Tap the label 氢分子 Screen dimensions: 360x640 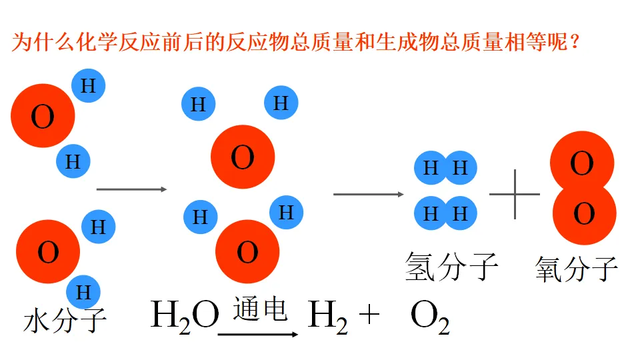(x=451, y=267)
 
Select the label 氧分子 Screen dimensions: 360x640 (x=576, y=269)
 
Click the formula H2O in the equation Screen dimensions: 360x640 (x=185, y=315)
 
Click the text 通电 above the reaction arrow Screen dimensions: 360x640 (x=260, y=309)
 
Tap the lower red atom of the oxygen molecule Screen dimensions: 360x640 (x=584, y=214)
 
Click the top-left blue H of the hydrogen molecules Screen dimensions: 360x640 (x=431, y=167)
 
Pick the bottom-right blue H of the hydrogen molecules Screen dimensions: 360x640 (x=461, y=213)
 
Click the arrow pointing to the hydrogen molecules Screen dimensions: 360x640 (x=368, y=194)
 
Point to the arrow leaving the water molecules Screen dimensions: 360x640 (x=131, y=189)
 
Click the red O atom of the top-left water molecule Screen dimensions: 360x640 (x=43, y=117)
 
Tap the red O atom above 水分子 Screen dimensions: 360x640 (x=48, y=253)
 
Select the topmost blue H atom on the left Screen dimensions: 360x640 (x=88, y=85)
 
